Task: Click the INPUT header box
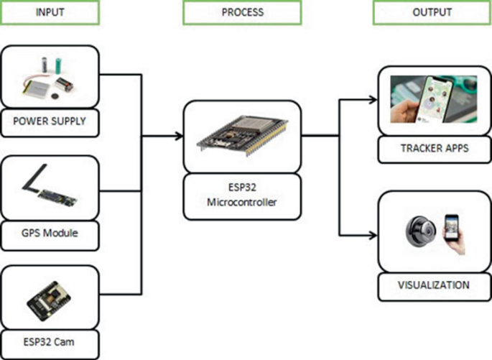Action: tap(50, 13)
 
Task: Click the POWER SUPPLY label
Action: tap(50, 121)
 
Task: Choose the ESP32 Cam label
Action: tap(50, 342)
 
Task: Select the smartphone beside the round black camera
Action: tap(452, 231)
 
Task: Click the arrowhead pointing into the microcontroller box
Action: tap(178, 134)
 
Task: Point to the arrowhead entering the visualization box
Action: tap(373, 235)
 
